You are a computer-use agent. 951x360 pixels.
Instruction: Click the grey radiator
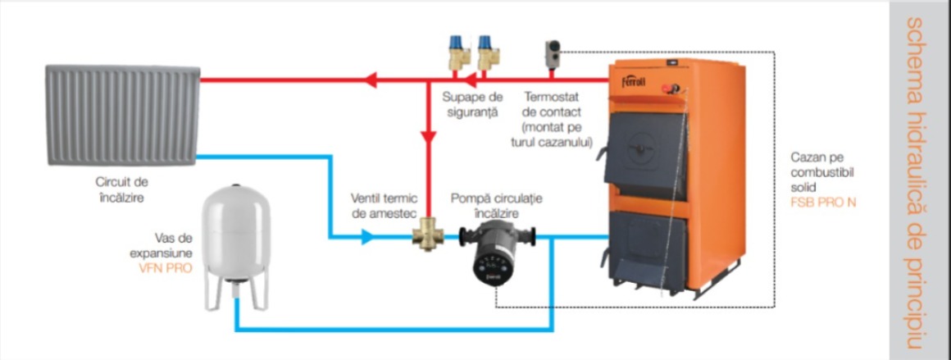(122, 115)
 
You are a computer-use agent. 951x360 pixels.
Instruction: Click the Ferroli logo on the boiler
(633, 81)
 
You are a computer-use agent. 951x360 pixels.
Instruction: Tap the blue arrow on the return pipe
(367, 237)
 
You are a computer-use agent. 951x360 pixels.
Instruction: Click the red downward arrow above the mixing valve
(429, 137)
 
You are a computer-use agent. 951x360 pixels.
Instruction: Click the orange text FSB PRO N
(823, 203)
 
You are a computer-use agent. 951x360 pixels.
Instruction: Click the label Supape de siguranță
(472, 104)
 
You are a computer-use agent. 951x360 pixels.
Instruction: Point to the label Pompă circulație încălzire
(497, 205)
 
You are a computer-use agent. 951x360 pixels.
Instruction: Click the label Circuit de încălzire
(122, 189)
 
